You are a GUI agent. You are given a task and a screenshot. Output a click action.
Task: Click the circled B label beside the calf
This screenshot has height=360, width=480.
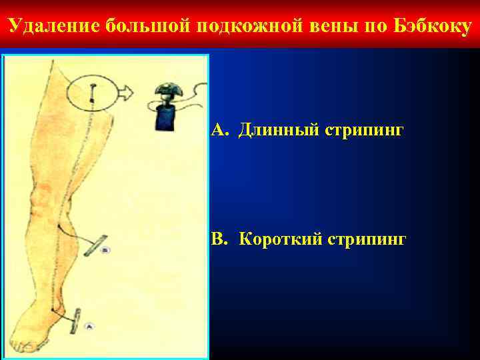pos(106,250)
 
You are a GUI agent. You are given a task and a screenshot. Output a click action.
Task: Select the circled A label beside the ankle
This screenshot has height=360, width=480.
pos(89,326)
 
